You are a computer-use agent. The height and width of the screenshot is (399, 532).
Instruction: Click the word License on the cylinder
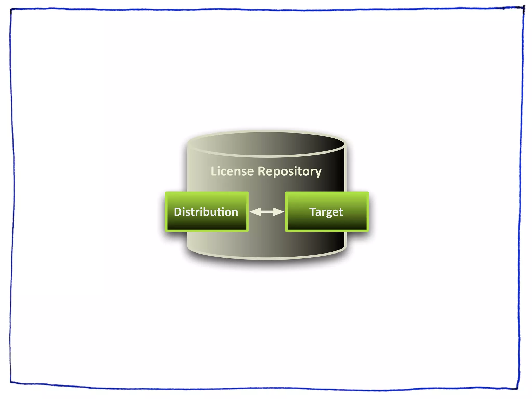tap(232, 171)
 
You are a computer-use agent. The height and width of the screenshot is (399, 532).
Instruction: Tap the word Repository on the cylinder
tap(289, 171)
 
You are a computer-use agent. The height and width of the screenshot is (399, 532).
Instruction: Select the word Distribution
tap(206, 212)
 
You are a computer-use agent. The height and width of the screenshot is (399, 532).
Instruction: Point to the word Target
tap(326, 212)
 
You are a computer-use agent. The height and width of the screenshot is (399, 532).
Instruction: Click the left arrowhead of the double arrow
tap(255, 212)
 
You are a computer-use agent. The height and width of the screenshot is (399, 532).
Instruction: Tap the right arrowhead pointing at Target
tap(279, 212)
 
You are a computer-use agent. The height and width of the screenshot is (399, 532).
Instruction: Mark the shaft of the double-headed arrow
tap(267, 212)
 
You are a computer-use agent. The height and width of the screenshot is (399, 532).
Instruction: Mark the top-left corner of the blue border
tap(11, 10)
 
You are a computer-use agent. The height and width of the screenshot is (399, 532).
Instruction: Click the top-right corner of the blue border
tap(524, 8)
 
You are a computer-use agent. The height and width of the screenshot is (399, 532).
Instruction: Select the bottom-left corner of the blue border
tap(11, 382)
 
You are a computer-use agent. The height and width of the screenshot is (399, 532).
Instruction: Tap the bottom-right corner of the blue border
tap(517, 389)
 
